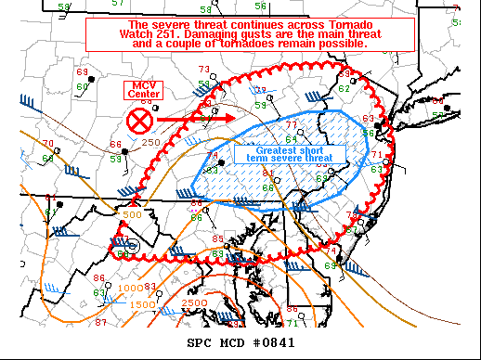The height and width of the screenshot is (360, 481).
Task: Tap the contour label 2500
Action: [x=195, y=303]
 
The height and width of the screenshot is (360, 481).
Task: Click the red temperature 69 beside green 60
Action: [x=82, y=72]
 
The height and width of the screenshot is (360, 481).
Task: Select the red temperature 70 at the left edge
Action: [x=48, y=144]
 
